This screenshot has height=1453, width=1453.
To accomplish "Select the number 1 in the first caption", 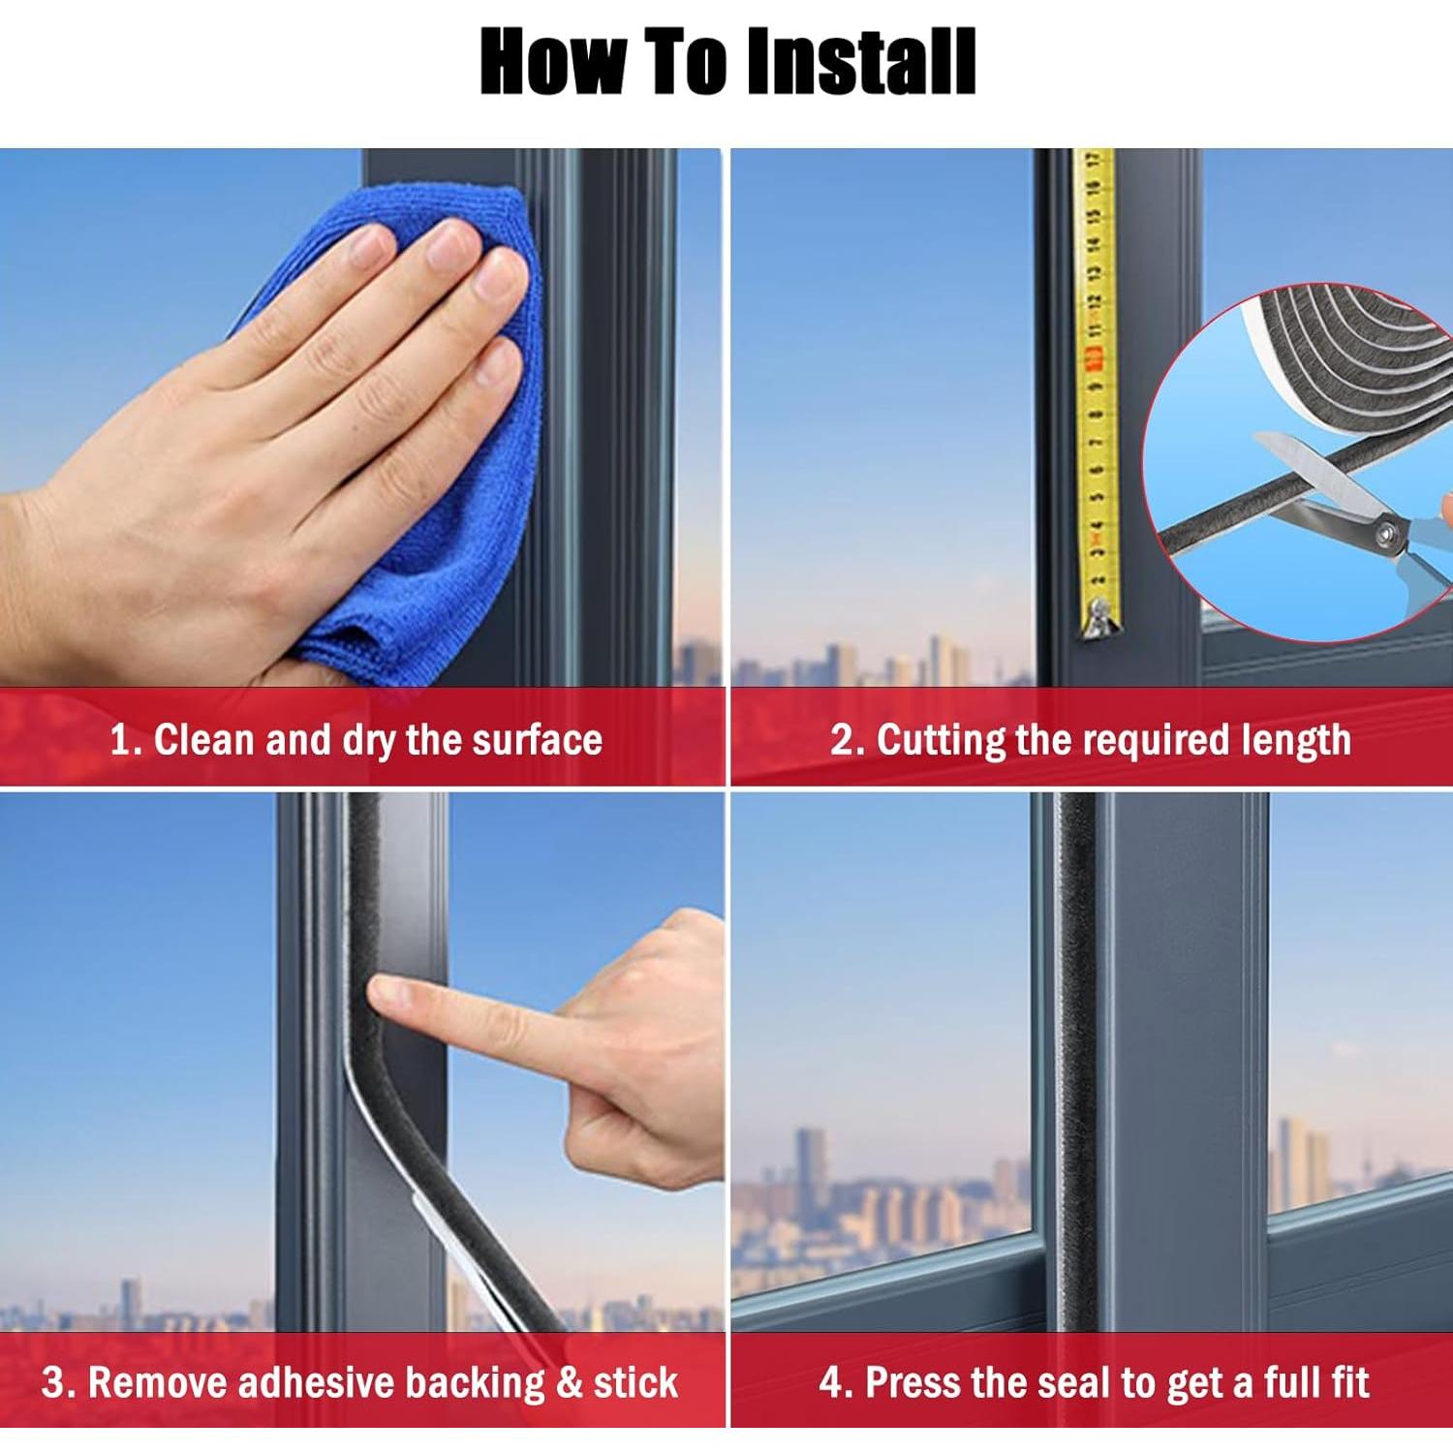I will click(120, 740).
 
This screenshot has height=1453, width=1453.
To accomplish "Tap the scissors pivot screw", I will click(1383, 531).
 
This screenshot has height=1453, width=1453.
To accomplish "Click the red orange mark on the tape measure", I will click(1096, 361).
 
